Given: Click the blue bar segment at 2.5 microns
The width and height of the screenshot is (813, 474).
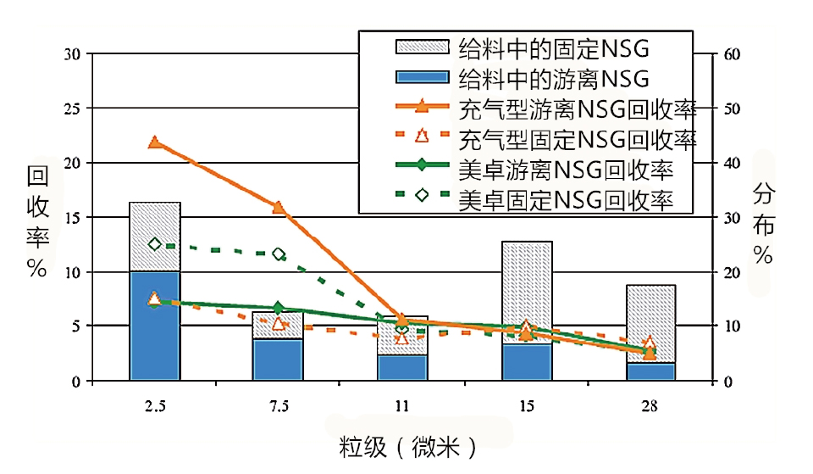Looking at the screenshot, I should [154, 326].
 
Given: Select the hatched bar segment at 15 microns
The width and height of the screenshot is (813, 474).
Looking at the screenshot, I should [527, 288].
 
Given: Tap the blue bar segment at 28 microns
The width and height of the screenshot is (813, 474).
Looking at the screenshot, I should [650, 371].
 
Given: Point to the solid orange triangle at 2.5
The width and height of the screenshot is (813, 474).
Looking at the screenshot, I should [155, 142].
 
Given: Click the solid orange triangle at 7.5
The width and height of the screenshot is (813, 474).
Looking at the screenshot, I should [278, 207].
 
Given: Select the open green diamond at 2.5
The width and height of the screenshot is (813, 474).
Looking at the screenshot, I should [155, 244].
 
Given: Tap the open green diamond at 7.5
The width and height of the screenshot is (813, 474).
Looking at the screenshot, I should [279, 254].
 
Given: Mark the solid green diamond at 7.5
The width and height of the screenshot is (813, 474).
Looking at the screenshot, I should [279, 308].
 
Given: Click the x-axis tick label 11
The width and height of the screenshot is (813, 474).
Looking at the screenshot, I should [402, 406].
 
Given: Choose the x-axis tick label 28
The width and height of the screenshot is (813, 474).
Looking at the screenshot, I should [650, 406].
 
